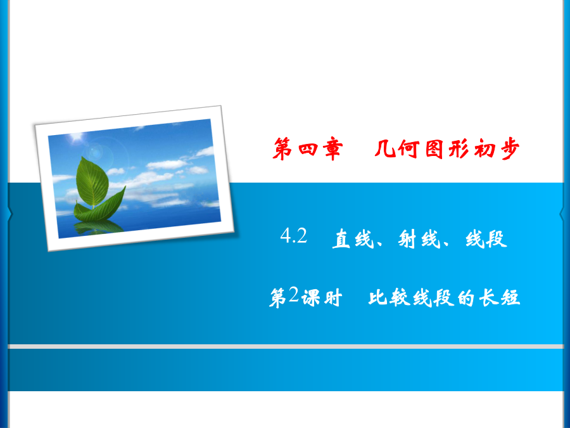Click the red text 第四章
click(x=308, y=149)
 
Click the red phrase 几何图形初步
click(x=446, y=148)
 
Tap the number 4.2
click(x=294, y=236)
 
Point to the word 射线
click(x=419, y=239)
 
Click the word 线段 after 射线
click(x=486, y=239)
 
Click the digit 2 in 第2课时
click(x=293, y=294)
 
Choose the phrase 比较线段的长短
click(x=444, y=298)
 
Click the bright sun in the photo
click(x=77, y=138)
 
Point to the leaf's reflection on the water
click(x=98, y=228)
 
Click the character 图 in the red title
click(x=434, y=148)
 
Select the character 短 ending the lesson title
click(x=510, y=298)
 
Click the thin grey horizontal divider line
click(x=286, y=346)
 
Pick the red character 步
click(x=510, y=148)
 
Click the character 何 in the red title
click(x=408, y=148)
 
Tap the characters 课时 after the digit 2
click(x=322, y=298)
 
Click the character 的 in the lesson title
click(x=465, y=298)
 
